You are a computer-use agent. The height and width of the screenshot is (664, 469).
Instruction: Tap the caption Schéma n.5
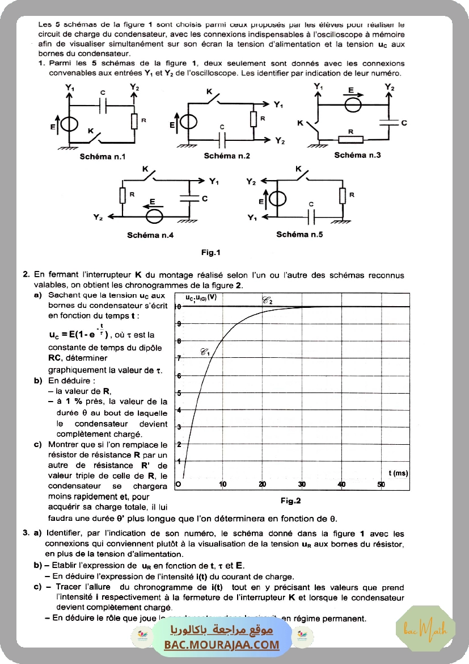point(299,234)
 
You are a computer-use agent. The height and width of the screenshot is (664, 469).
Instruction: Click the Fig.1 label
point(210,252)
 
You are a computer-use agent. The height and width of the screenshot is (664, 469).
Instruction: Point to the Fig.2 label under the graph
point(290,500)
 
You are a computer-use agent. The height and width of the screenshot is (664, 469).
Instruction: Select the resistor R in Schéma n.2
point(254,119)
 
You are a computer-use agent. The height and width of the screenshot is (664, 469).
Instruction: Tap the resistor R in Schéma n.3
point(350,139)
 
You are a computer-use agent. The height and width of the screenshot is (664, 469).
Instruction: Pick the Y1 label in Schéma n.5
point(252,217)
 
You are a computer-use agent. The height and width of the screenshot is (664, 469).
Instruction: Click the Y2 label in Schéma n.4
point(99,217)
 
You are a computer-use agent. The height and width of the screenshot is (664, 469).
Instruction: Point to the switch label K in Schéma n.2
point(209,91)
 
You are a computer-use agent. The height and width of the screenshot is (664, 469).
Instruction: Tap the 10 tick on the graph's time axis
point(223,484)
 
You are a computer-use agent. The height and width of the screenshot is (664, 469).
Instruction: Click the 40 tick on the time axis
point(341,484)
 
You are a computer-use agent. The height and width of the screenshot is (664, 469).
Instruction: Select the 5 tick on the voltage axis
point(179,392)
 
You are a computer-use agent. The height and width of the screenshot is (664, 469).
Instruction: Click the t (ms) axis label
point(398,473)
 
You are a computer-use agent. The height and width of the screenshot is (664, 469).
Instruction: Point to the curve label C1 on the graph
point(205,352)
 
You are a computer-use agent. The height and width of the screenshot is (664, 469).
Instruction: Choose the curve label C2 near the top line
point(267,300)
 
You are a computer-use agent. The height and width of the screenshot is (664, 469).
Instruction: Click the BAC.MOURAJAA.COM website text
point(222,644)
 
